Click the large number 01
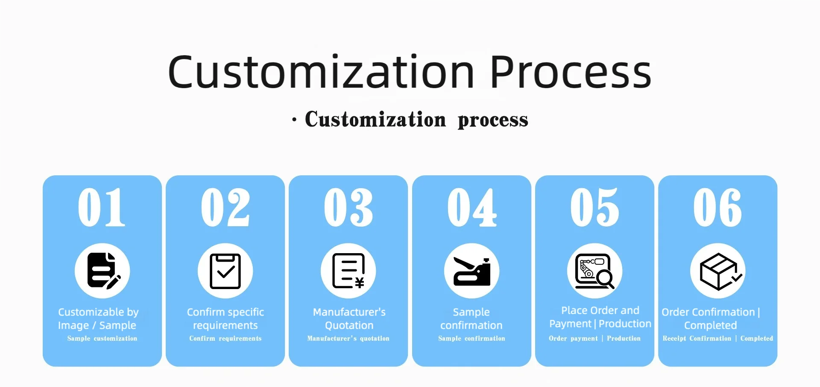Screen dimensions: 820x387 point(102,207)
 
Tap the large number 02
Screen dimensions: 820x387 point(225,207)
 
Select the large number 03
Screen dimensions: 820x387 point(348,207)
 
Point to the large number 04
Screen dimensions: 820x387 point(472,207)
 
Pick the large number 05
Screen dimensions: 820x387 point(594,207)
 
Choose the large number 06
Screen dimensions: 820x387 point(717,207)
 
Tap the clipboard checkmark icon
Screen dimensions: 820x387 point(225,271)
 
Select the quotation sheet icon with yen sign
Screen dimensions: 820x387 point(348,271)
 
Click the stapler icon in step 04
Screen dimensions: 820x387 point(472,272)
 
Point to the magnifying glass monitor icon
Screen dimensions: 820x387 point(594,271)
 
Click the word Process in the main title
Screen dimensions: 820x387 point(570,72)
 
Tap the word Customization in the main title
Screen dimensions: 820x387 point(321,72)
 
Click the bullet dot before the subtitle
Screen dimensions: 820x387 point(294,120)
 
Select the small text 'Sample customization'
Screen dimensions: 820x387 point(102,338)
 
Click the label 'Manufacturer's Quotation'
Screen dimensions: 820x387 point(349,319)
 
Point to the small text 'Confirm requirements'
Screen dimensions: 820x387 point(225,338)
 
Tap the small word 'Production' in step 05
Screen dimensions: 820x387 point(624,338)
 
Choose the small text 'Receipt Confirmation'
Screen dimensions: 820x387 point(697,338)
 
